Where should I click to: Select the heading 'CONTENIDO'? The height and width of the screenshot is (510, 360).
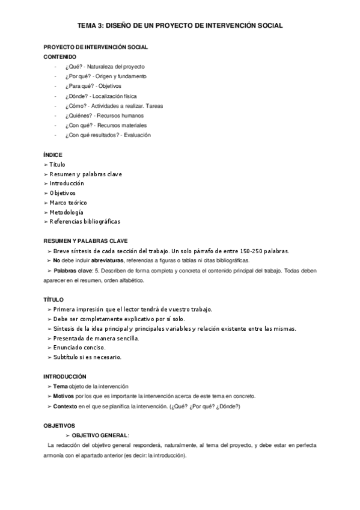[60, 57]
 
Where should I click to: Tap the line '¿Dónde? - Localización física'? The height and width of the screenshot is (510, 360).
[98, 96]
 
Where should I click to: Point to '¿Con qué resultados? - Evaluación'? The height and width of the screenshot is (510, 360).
[108, 135]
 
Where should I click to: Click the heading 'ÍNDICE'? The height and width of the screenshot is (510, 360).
[53, 155]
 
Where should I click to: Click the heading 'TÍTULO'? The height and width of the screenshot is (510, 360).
[53, 300]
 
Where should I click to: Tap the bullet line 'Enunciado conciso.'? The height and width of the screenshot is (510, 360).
[79, 348]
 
